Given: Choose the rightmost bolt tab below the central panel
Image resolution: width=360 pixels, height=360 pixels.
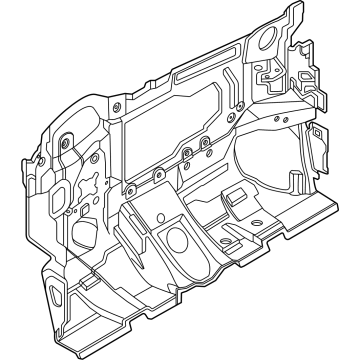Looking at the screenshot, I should [x=204, y=143].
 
